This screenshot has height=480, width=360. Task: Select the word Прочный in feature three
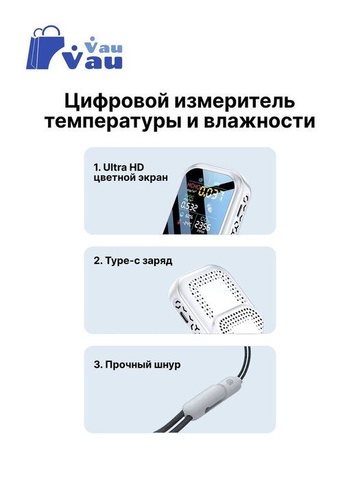128,365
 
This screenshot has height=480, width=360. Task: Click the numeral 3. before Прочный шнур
97,365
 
